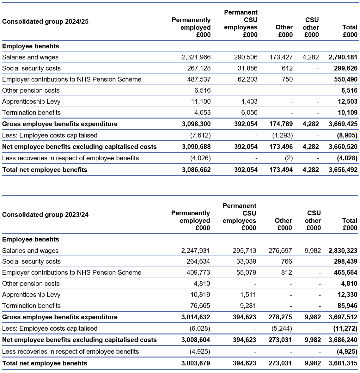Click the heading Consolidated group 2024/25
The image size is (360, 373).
coord(45,21)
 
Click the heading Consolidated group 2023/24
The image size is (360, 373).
coord(45,215)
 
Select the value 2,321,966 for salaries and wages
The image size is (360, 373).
coord(196,57)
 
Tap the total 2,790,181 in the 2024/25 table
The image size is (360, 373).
coord(343,57)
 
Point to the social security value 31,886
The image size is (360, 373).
coord(247,68)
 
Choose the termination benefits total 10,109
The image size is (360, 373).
coord(347,113)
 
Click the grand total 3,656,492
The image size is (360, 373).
coord(343,170)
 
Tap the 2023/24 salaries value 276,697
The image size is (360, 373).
coord(280,251)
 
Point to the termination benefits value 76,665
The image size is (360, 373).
coord(199,306)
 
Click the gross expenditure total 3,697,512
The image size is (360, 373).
coord(343,317)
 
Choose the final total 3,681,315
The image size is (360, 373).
coord(343,363)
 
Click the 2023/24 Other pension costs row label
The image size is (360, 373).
coord(31,284)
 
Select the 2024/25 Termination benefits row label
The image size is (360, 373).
coord(31,113)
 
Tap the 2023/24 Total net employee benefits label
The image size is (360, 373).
coord(45,363)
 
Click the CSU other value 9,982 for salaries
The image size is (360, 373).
coord(313,251)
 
